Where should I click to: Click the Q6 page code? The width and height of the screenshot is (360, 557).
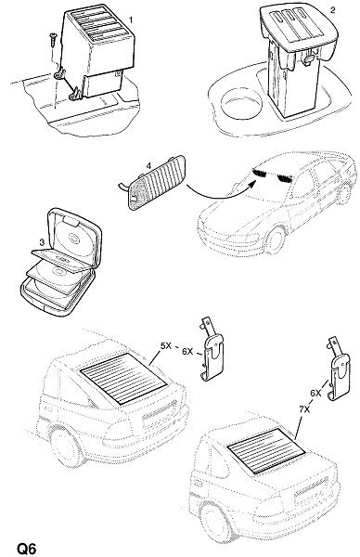coord(27,548)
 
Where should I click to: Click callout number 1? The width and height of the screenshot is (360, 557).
coord(130,19)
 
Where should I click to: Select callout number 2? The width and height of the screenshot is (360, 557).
coord(332,10)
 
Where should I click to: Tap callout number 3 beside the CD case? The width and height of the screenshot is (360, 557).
coord(42,242)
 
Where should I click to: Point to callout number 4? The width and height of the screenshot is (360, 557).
coord(148,165)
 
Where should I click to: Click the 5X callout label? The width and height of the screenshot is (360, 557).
coord(166,345)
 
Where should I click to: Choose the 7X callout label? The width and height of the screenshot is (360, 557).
coord(304,409)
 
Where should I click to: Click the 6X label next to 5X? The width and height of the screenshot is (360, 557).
coord(187,351)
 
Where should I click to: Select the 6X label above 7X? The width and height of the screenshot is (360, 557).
coord(315,394)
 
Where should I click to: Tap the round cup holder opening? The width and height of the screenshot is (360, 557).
coord(241,104)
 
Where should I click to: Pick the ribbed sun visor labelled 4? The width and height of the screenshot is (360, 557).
coord(157,183)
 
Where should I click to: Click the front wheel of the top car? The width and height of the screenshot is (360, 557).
coord(276,240)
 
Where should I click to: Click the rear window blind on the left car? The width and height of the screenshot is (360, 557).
coord(123,379)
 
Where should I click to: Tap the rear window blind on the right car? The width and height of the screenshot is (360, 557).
coord(266,451)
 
